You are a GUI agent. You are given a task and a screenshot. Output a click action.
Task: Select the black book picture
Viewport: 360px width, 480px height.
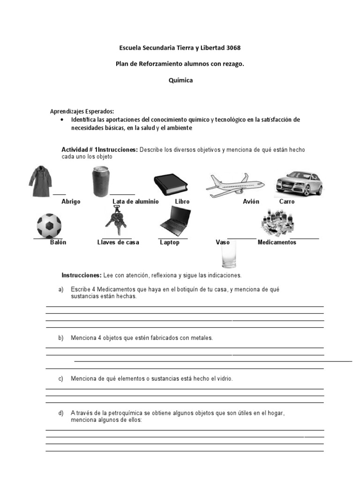click(x=171, y=185)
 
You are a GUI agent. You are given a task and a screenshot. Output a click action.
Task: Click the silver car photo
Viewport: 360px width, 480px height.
click(x=299, y=182)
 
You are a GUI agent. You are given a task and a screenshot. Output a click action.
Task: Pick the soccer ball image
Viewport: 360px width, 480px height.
click(x=49, y=225)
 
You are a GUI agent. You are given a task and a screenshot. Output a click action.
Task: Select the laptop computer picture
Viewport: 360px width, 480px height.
click(x=175, y=221)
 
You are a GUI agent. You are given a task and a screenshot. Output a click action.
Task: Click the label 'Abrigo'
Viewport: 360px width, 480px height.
click(x=71, y=202)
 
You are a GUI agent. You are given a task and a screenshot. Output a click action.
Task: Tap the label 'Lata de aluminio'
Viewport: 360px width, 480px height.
click(x=135, y=202)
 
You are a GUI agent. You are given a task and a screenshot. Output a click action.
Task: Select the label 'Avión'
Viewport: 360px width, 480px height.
click(x=251, y=202)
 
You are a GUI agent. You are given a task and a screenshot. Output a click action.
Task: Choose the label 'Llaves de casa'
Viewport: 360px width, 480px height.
click(x=118, y=242)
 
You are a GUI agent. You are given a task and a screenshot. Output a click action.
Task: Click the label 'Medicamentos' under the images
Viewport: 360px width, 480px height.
click(x=277, y=242)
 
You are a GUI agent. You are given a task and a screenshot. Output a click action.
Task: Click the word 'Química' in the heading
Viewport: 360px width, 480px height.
click(x=180, y=80)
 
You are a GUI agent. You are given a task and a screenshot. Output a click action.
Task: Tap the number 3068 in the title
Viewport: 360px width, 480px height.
click(x=234, y=48)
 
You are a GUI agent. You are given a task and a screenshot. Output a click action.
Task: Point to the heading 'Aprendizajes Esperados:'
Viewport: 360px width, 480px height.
click(x=82, y=112)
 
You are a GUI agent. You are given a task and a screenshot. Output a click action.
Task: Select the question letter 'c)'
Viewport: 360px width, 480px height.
click(x=61, y=378)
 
